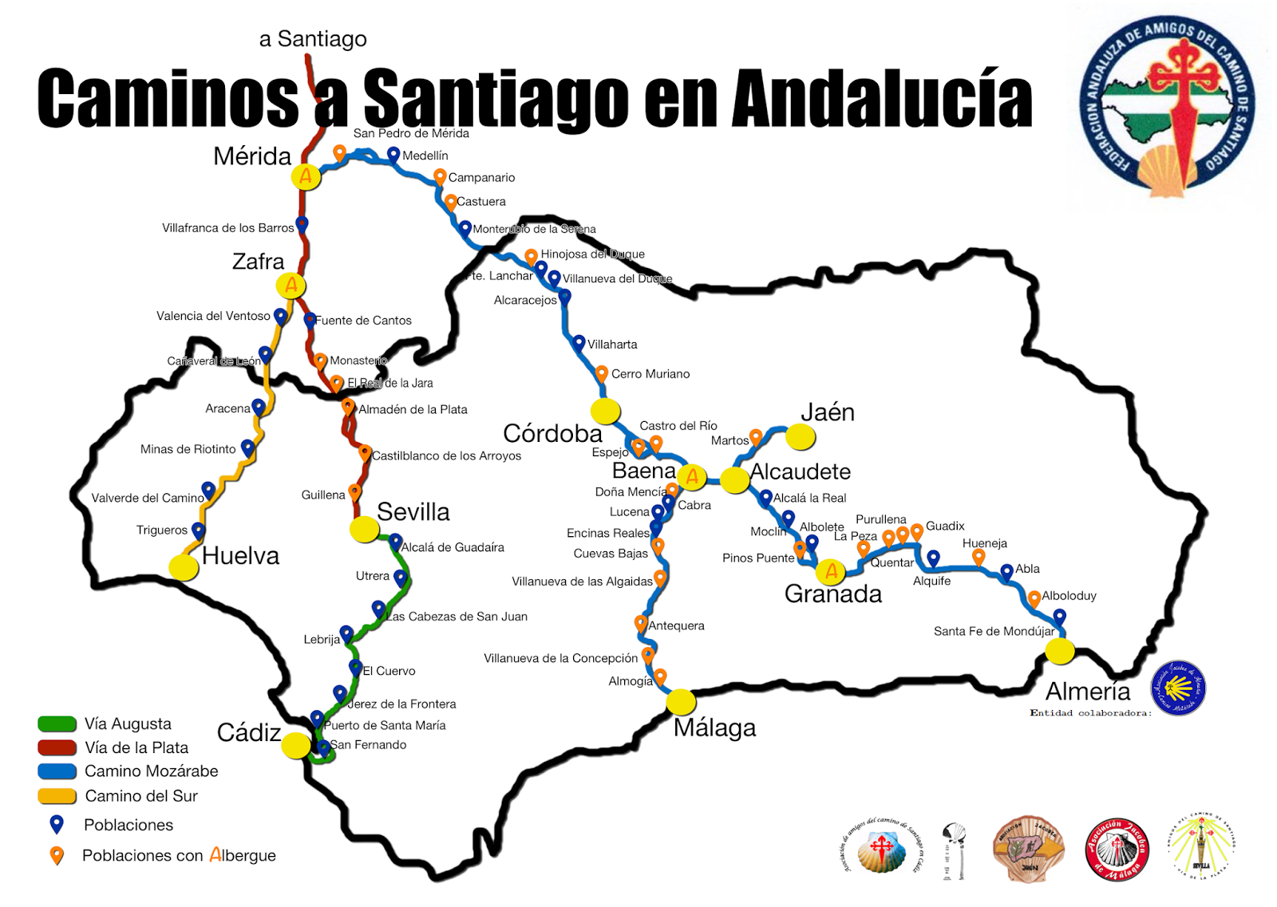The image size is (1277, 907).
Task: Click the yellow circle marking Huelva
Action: (184, 567)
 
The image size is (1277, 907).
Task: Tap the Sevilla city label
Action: (413, 511)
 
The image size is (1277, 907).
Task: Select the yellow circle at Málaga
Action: (681, 701)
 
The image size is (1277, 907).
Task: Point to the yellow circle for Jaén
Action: (800, 436)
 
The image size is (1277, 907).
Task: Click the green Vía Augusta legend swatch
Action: (57, 724)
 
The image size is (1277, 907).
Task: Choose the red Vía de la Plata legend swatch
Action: (57, 747)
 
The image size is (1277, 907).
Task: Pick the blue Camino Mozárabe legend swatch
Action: (57, 771)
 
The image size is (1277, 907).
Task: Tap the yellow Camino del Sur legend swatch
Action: (57, 796)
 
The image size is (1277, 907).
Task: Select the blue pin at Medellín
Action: (393, 153)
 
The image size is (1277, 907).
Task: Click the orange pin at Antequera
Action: (641, 622)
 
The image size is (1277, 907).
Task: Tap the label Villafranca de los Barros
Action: (227, 228)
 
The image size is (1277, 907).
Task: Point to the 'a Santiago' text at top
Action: (313, 38)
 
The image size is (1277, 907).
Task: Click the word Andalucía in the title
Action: (882, 100)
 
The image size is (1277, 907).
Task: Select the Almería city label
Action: (1088, 691)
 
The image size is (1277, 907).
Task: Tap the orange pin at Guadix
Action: (917, 530)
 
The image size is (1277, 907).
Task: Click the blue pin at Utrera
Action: (400, 577)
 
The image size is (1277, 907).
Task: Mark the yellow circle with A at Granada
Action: (831, 571)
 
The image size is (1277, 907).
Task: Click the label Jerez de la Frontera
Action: (401, 704)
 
